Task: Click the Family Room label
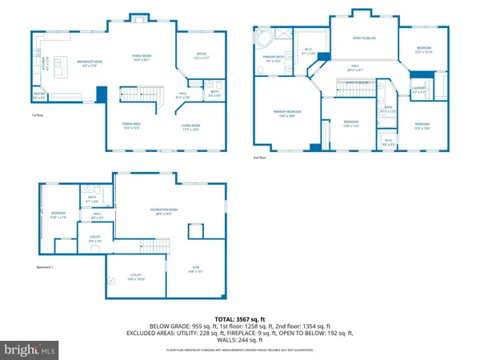point(142,57)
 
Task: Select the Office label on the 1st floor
point(198,56)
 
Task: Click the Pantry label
point(39,95)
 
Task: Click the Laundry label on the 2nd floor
point(419,89)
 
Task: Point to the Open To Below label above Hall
point(365,38)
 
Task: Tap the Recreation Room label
point(163,211)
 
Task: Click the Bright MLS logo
point(30,349)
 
